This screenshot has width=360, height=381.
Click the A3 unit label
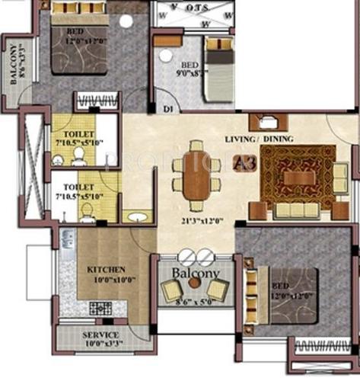(243, 162)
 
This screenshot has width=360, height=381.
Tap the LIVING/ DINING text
(260, 139)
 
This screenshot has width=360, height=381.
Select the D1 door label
(167, 110)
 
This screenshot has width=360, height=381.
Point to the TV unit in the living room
(267, 122)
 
